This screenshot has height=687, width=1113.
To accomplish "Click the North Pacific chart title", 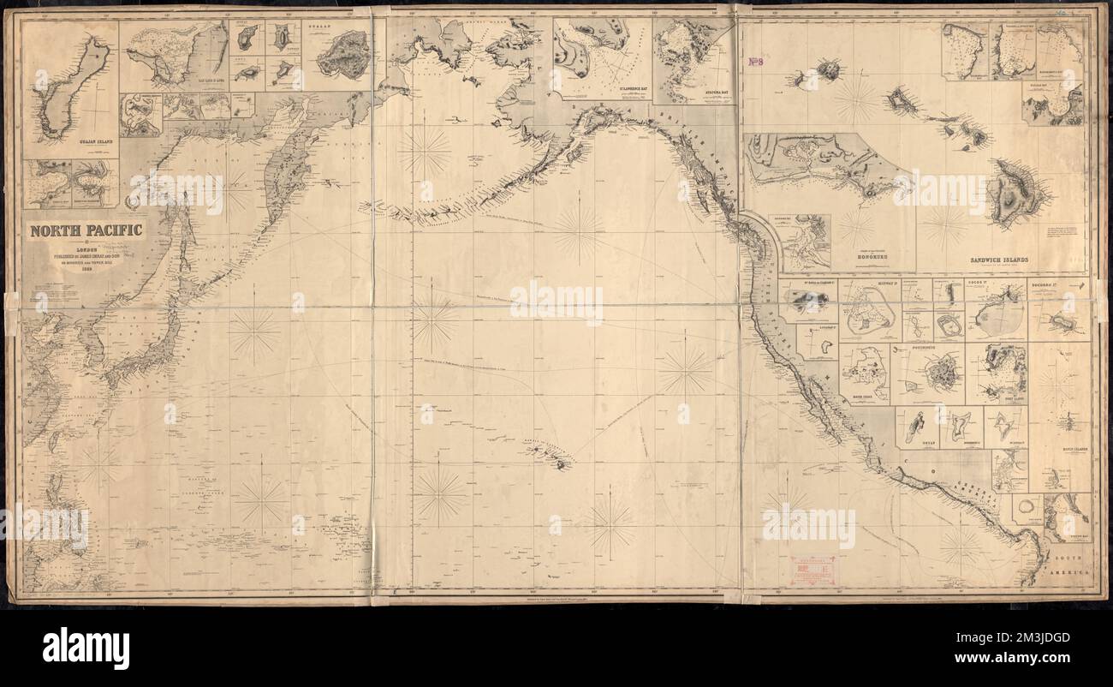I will [x=86, y=230].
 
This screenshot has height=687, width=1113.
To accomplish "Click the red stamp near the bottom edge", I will [x=814, y=569].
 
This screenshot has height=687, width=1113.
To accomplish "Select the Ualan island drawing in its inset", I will [x=342, y=54].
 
